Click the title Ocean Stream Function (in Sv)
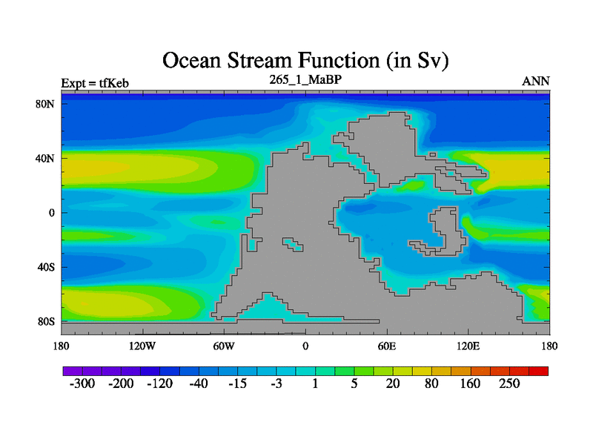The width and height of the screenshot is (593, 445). tap(305, 61)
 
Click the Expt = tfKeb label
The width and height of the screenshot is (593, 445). tap(95, 83)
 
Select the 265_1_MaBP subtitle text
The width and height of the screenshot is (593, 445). tap(305, 79)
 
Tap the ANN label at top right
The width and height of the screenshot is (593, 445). tap(535, 82)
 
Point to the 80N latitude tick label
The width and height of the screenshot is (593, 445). tap(45, 104)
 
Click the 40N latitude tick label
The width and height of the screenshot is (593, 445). tap(45, 158)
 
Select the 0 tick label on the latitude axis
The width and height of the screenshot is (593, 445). tap(52, 213)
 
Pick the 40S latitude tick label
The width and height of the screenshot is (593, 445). tap(46, 267)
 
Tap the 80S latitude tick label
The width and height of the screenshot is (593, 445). tap(46, 322)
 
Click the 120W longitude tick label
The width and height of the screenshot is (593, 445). tap(142, 346)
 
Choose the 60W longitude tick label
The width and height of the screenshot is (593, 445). tap(224, 346)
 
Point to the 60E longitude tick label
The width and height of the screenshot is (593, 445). tap(387, 346)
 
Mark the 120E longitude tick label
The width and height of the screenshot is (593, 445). tap(468, 346)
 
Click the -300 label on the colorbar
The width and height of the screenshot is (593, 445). tap(82, 383)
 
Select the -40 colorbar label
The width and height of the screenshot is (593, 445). tap(199, 383)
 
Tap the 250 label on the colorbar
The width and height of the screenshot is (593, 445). tap(509, 383)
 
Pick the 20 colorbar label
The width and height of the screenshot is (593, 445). tap(393, 383)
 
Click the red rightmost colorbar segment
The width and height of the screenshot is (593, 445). tap(539, 372)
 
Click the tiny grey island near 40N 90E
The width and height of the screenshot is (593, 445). tap(433, 155)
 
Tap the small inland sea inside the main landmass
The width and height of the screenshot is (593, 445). tap(293, 245)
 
